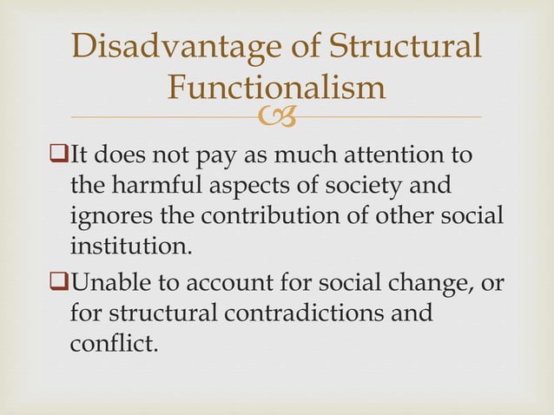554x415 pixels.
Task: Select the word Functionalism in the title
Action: click(x=276, y=87)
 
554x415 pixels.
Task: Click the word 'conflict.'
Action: click(x=114, y=341)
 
